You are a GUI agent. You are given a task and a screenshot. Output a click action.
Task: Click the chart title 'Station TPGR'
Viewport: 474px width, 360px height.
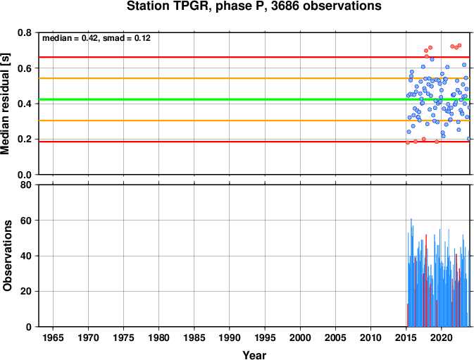coord(168,6)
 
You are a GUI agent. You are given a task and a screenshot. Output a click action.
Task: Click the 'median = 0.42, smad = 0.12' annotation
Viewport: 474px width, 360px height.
coord(96,38)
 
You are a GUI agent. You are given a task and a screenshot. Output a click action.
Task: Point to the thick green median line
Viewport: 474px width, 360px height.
coord(254,99)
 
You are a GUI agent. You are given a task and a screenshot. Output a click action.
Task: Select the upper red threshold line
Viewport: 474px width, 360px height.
coord(254,57)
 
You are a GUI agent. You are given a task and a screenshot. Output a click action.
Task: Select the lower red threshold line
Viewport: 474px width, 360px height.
coord(254,142)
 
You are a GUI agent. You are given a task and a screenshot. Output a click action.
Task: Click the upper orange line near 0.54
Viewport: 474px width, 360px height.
coord(254,78)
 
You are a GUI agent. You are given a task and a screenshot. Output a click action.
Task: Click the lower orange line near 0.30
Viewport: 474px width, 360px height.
coord(254,120)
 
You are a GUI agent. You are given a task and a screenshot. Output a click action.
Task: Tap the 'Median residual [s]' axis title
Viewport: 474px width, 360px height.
coord(6,104)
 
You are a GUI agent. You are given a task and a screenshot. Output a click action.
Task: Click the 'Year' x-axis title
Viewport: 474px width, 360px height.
coord(254,355)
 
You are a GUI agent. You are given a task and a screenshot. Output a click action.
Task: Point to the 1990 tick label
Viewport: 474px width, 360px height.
coord(230,337)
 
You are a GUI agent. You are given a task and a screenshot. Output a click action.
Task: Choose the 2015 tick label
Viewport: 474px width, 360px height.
coord(406,337)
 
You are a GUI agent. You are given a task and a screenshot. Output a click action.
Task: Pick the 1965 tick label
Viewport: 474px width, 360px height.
coord(54,337)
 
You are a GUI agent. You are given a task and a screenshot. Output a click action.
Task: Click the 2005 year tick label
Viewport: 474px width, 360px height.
coord(335,337)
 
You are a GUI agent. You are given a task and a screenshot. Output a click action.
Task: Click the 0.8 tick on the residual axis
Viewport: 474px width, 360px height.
coord(25,32)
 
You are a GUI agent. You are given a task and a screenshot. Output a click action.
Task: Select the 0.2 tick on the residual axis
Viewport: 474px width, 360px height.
coord(25,139)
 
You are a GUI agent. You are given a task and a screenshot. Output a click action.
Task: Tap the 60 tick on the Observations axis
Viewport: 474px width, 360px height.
coord(26,221)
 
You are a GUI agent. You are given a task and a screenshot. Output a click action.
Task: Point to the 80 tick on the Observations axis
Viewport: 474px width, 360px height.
coord(26,185)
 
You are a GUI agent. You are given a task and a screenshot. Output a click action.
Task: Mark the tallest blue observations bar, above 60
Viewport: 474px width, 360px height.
coord(411,273)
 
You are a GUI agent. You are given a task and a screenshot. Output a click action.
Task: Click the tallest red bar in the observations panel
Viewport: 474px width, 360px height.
coord(426,280)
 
